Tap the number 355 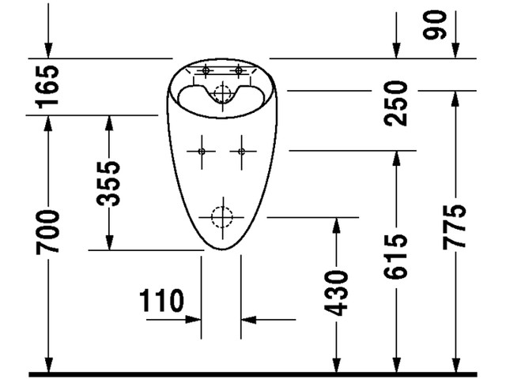(108, 182)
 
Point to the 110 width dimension (161, 301)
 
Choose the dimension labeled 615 (396, 256)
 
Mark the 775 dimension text (455, 227)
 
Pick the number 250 (396, 103)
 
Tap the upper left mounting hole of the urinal (206, 72)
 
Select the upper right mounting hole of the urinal (238, 72)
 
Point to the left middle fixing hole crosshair (202, 150)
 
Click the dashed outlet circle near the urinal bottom (222, 216)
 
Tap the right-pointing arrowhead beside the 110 (194, 319)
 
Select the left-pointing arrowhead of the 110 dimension (248, 319)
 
